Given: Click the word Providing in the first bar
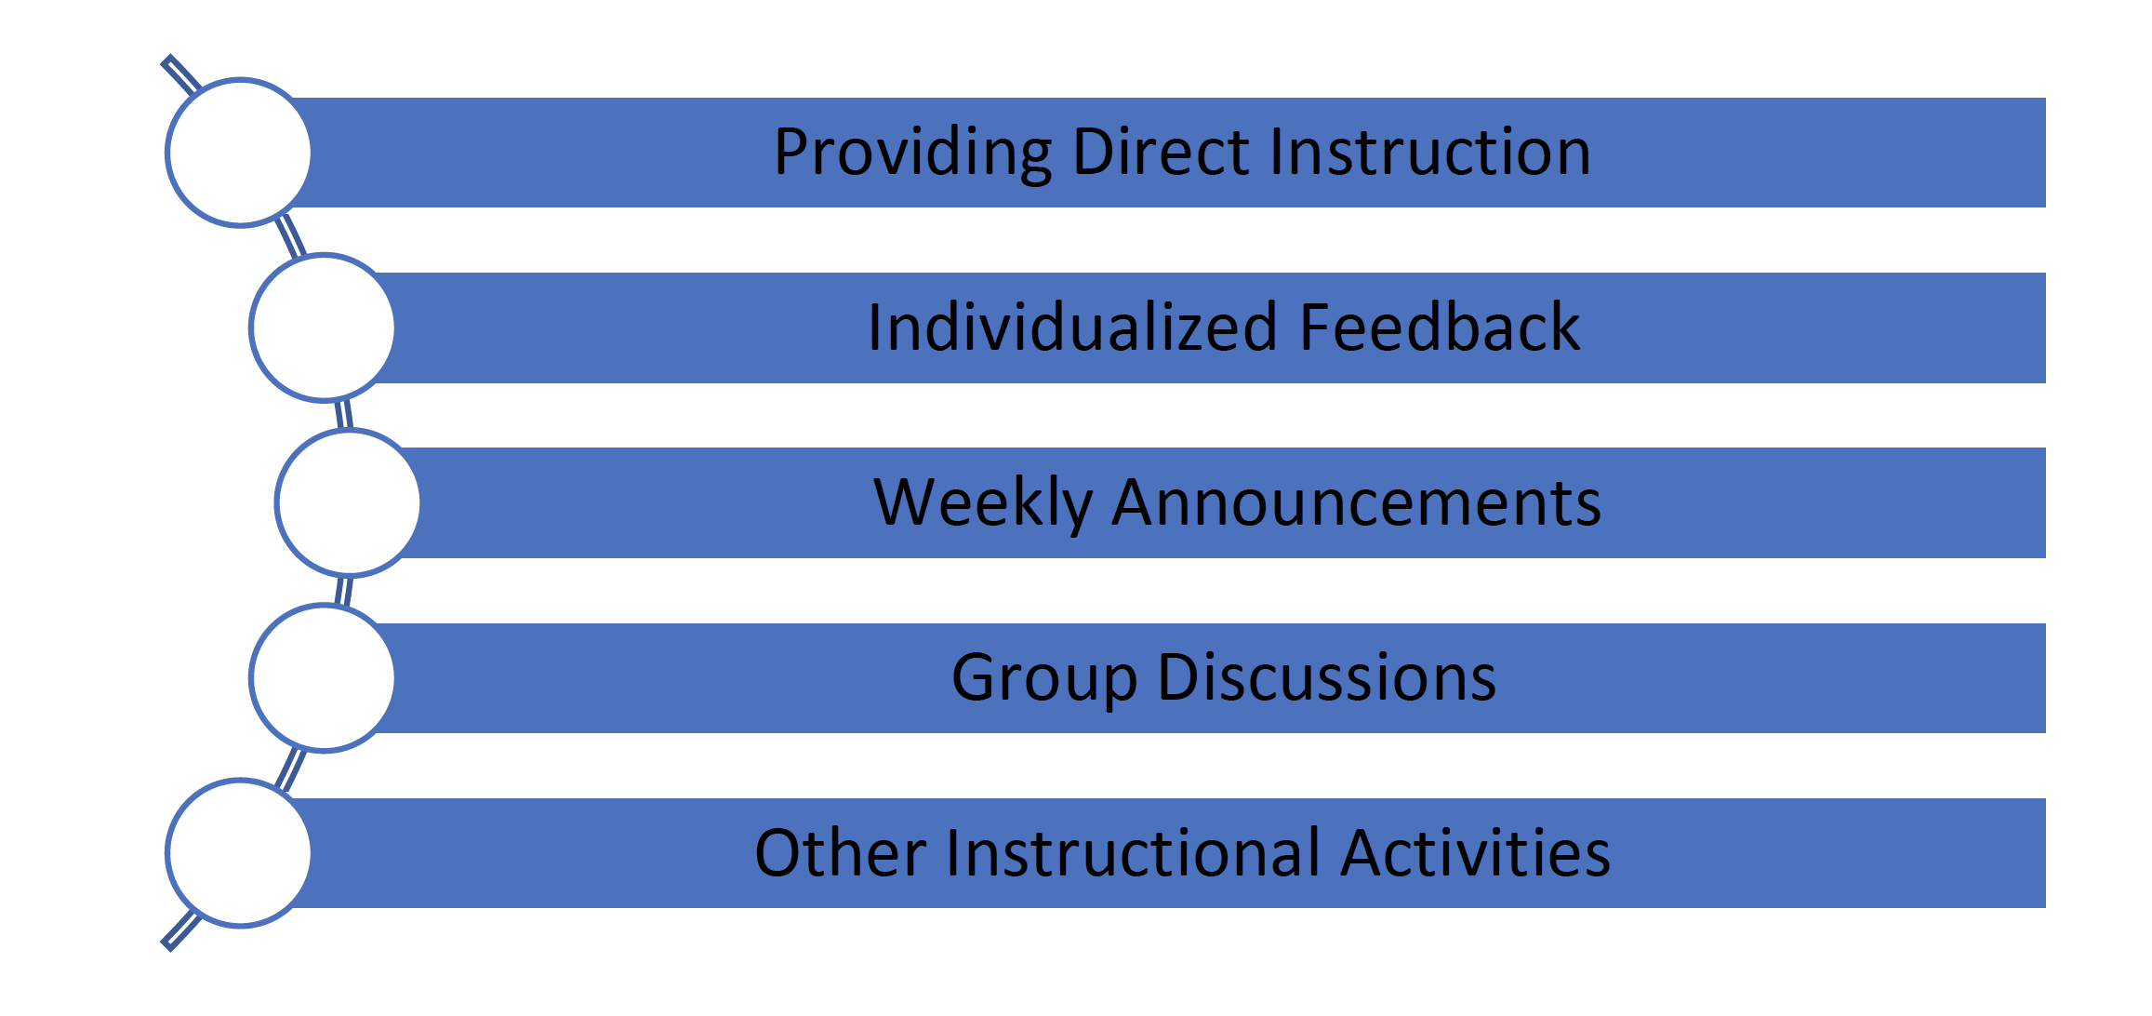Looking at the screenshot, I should coord(912,153).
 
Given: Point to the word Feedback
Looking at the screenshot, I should coord(1439,328).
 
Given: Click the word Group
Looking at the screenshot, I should coord(1043,678).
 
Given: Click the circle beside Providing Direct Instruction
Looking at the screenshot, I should coord(239,153).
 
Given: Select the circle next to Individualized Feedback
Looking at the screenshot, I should coord(323,328).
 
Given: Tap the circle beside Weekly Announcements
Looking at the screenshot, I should coord(348,502).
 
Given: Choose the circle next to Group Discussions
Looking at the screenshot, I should coord(323,677).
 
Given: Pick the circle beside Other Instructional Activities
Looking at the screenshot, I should coord(239,852).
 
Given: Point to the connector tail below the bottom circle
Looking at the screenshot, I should coord(180,930).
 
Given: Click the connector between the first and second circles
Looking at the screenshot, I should coord(290,236).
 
